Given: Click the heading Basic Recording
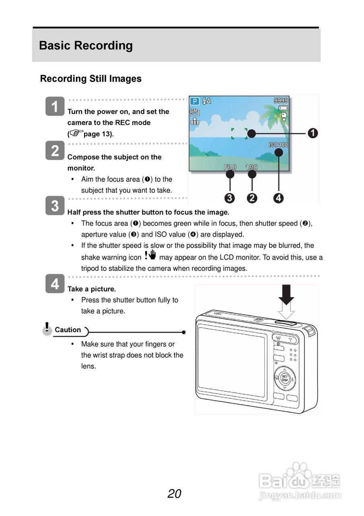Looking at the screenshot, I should click(x=86, y=46).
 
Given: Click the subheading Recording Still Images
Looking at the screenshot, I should click(x=90, y=79).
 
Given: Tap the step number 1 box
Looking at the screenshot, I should click(x=55, y=106).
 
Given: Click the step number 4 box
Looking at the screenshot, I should click(x=55, y=284).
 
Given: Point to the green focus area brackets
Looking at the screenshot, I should click(x=239, y=133).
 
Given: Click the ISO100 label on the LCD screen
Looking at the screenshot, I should click(x=278, y=145).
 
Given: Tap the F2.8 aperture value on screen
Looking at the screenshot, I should click(x=230, y=167).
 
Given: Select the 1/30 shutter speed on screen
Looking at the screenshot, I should click(x=251, y=167).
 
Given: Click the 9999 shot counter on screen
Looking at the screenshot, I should click(x=281, y=100).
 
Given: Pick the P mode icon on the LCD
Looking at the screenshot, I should click(x=195, y=101).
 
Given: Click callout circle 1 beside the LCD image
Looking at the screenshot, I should click(x=313, y=133).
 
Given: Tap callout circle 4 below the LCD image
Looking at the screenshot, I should click(x=278, y=198).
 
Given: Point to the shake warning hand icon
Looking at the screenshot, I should click(x=150, y=256).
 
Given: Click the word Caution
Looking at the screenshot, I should click(x=68, y=330).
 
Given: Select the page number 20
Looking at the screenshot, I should click(x=175, y=493).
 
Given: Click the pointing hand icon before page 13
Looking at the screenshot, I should click(x=76, y=133).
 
